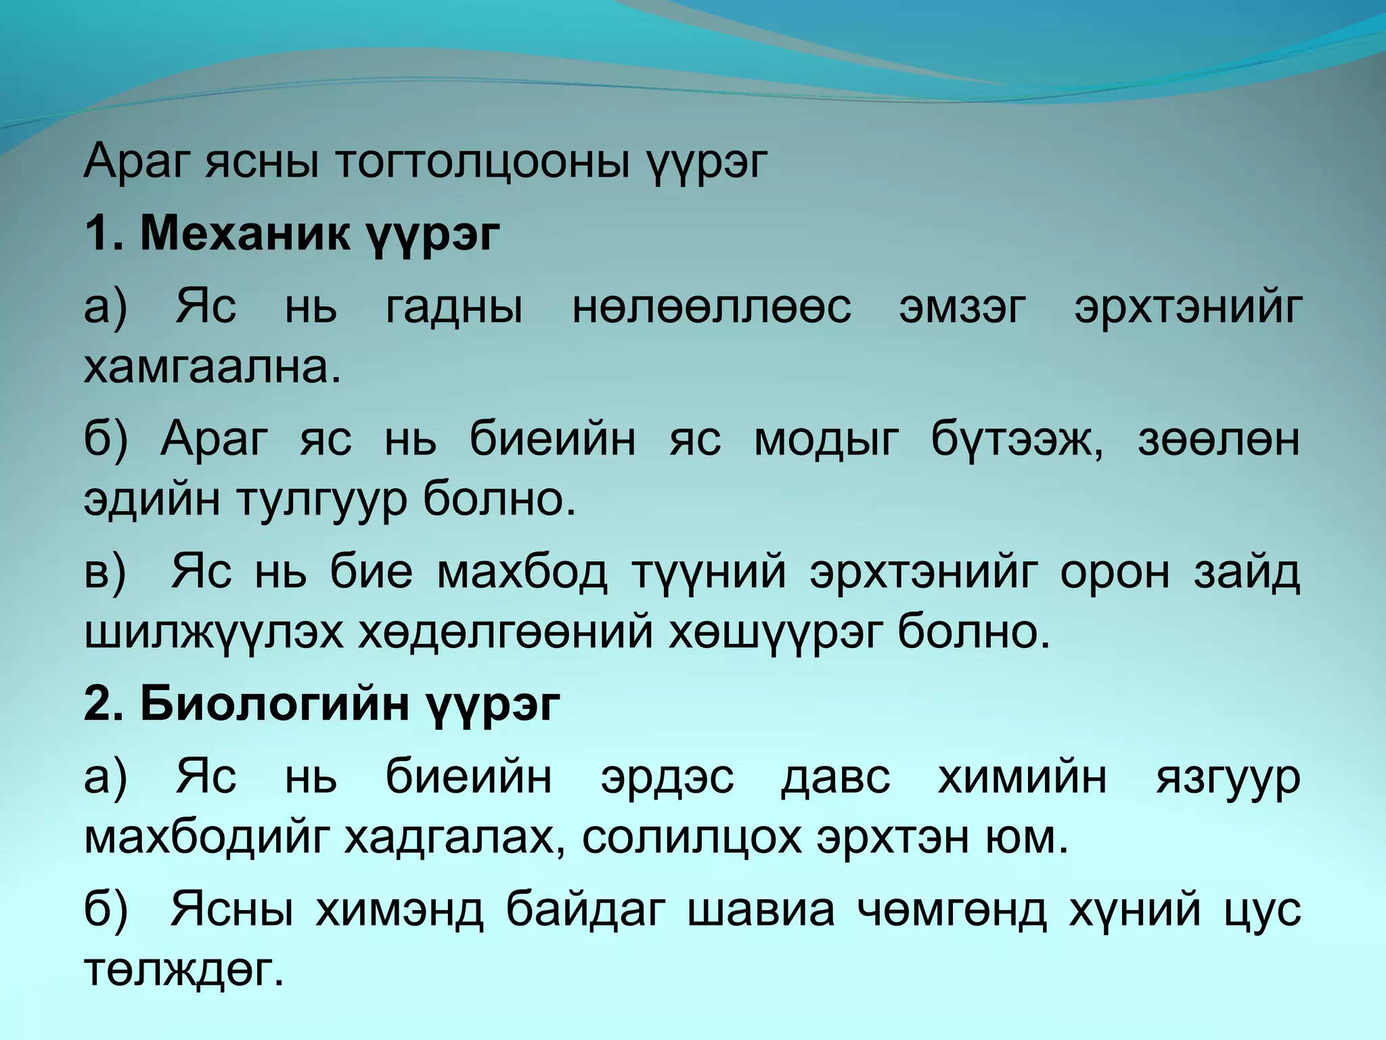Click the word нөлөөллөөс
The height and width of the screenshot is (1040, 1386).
pyautogui.click(x=711, y=307)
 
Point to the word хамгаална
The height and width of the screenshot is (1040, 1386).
pyautogui.click(x=212, y=368)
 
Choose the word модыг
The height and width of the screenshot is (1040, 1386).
pyautogui.click(x=826, y=439)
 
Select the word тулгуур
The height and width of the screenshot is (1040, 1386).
pyautogui.click(x=321, y=500)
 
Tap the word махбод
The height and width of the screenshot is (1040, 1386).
pyautogui.click(x=522, y=572)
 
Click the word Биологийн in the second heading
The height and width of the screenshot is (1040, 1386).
pyautogui.click(x=275, y=705)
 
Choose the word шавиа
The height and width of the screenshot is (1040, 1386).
pyautogui.click(x=761, y=909)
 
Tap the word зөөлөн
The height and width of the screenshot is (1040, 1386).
pyautogui.click(x=1218, y=439)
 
